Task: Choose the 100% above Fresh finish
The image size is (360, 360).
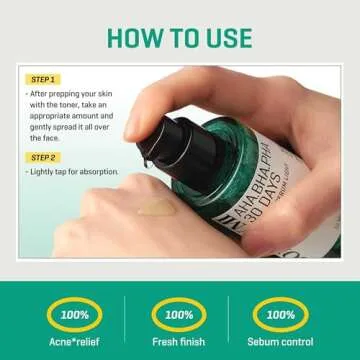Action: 179,314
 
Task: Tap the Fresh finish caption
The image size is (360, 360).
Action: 179,341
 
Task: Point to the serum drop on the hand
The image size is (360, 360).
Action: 156,209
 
